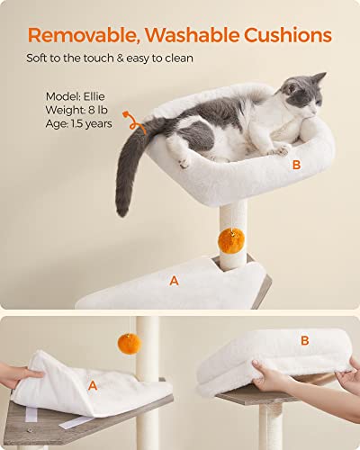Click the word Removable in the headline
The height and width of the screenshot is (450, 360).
[85, 36]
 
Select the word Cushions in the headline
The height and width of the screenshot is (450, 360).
[289, 36]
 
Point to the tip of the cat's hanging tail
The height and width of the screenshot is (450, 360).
[121, 211]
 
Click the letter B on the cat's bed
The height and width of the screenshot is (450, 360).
[295, 165]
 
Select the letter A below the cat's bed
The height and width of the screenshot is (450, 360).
[174, 280]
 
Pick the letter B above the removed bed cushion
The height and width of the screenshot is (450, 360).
[304, 340]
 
